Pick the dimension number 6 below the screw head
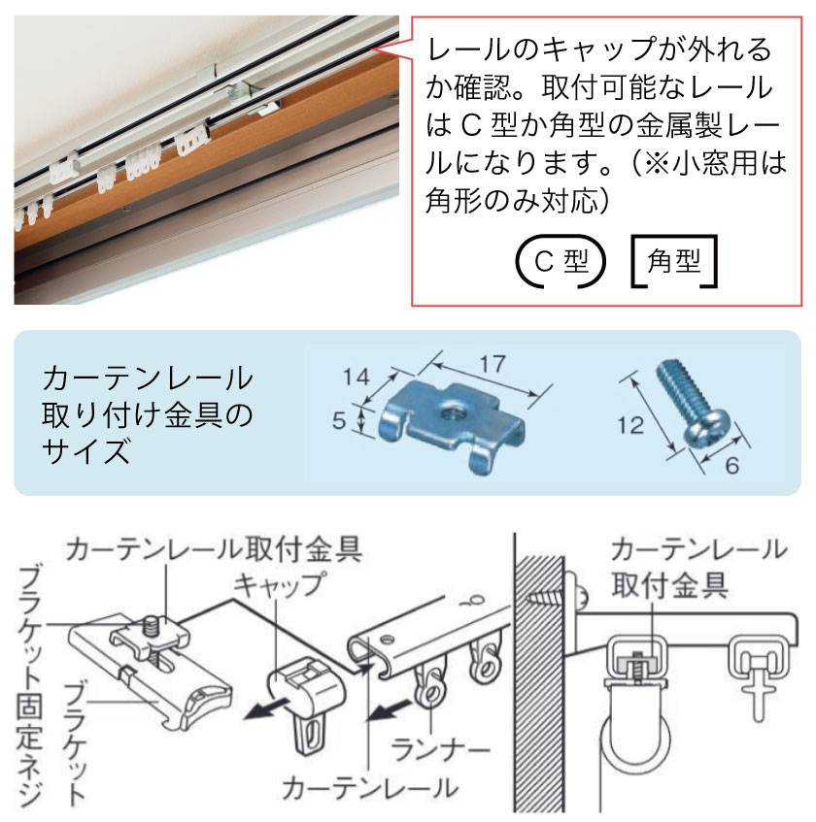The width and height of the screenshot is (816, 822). point(731,465)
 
